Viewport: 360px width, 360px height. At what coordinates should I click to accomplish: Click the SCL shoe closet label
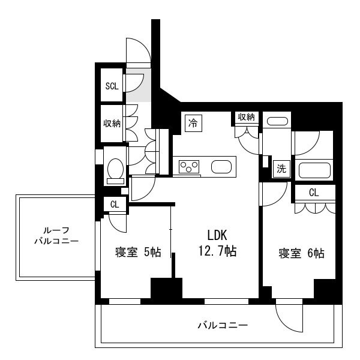pos(112,86)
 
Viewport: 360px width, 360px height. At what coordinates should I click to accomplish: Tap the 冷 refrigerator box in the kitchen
pos(193,123)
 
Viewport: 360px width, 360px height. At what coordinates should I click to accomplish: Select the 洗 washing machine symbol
pos(281,169)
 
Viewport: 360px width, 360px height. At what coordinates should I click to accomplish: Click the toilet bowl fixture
pos(115,169)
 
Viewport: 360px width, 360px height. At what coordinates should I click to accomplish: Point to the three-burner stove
pos(189,167)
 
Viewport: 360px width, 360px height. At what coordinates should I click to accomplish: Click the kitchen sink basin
pos(221,167)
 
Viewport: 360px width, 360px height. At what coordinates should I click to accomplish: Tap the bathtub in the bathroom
pos(314,170)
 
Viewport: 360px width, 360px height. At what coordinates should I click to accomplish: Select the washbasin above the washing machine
pos(277,121)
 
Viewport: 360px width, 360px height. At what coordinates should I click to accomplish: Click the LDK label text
pos(217,235)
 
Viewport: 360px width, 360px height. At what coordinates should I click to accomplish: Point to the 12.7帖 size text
pos(217,251)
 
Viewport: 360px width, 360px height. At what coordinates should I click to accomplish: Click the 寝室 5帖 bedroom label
pos(138,253)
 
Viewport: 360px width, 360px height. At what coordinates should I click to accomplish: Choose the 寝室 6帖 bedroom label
pos(301,253)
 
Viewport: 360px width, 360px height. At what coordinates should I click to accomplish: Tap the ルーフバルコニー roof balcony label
pos(56,236)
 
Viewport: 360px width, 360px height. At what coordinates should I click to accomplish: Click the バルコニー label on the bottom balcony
pos(223,325)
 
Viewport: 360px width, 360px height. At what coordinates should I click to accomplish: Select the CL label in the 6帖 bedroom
pos(314,193)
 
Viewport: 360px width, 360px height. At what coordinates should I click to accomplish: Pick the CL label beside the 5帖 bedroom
pos(115,204)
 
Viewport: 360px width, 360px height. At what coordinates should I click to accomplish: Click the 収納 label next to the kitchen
pos(247,117)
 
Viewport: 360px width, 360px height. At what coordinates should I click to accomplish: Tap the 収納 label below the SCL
pos(112,124)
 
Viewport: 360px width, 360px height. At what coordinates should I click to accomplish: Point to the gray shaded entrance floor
pos(138,85)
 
